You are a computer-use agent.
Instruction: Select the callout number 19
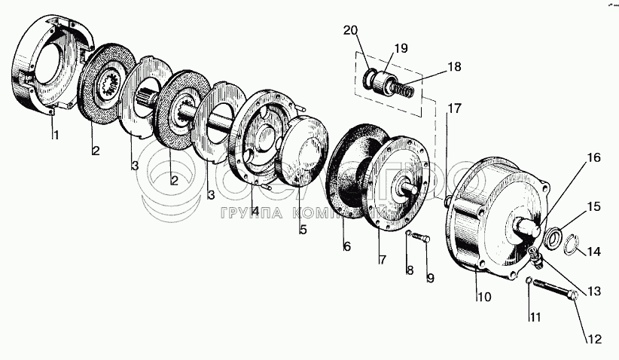[x=401, y=48]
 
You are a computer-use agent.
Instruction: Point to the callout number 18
[x=453, y=67]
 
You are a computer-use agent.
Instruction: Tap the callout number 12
[x=594, y=339]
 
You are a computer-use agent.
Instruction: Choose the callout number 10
[x=483, y=297]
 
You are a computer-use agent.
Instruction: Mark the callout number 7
[x=382, y=260]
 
